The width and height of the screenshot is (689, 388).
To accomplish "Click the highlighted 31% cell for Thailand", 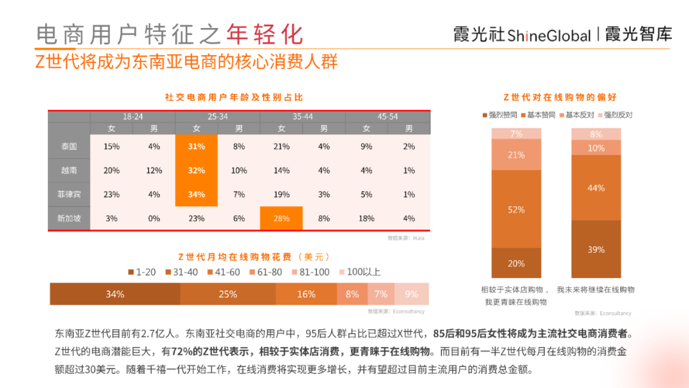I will tap(196, 147).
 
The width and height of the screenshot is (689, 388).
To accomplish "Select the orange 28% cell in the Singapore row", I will tap(281, 218).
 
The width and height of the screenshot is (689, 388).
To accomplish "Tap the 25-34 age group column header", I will tap(218, 117).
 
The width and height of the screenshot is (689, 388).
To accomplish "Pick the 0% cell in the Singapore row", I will tap(154, 218).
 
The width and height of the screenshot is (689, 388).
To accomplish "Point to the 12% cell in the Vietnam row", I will tap(154, 170).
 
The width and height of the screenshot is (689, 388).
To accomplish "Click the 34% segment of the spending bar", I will tap(115, 294).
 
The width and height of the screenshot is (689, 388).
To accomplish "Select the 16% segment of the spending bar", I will tap(306, 294).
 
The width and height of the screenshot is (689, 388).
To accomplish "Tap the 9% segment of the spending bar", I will tap(411, 294).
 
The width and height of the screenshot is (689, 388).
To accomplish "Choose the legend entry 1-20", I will tap(144, 272).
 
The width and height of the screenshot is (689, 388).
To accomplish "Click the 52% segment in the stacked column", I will tap(516, 209).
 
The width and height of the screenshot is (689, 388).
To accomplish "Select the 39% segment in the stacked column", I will tap(596, 250).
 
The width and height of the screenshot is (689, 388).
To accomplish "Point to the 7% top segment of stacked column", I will tap(516, 134).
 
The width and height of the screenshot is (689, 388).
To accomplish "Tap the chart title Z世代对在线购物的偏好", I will tap(559, 97).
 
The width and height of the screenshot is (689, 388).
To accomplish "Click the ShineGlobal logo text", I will tap(549, 36).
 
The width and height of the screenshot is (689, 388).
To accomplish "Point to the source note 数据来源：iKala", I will tap(406, 238).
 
